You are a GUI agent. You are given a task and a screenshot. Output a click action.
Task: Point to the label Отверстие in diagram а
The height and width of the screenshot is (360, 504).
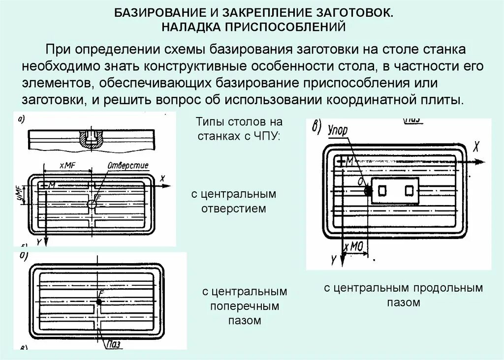click(127, 166)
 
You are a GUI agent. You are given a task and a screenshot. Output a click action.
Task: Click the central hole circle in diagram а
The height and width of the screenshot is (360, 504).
click(92, 204)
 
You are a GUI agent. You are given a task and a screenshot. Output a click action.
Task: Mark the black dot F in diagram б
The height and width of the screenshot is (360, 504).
click(99, 302)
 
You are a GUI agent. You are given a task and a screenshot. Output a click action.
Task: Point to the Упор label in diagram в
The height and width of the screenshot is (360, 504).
click(337, 131)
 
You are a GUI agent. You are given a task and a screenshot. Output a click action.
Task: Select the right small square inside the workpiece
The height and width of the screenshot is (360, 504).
click(409, 190)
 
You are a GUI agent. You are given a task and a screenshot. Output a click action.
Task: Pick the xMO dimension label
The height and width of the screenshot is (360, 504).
click(353, 247)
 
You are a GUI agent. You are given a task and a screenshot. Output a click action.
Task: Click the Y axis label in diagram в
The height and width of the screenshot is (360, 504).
click(333, 258)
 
